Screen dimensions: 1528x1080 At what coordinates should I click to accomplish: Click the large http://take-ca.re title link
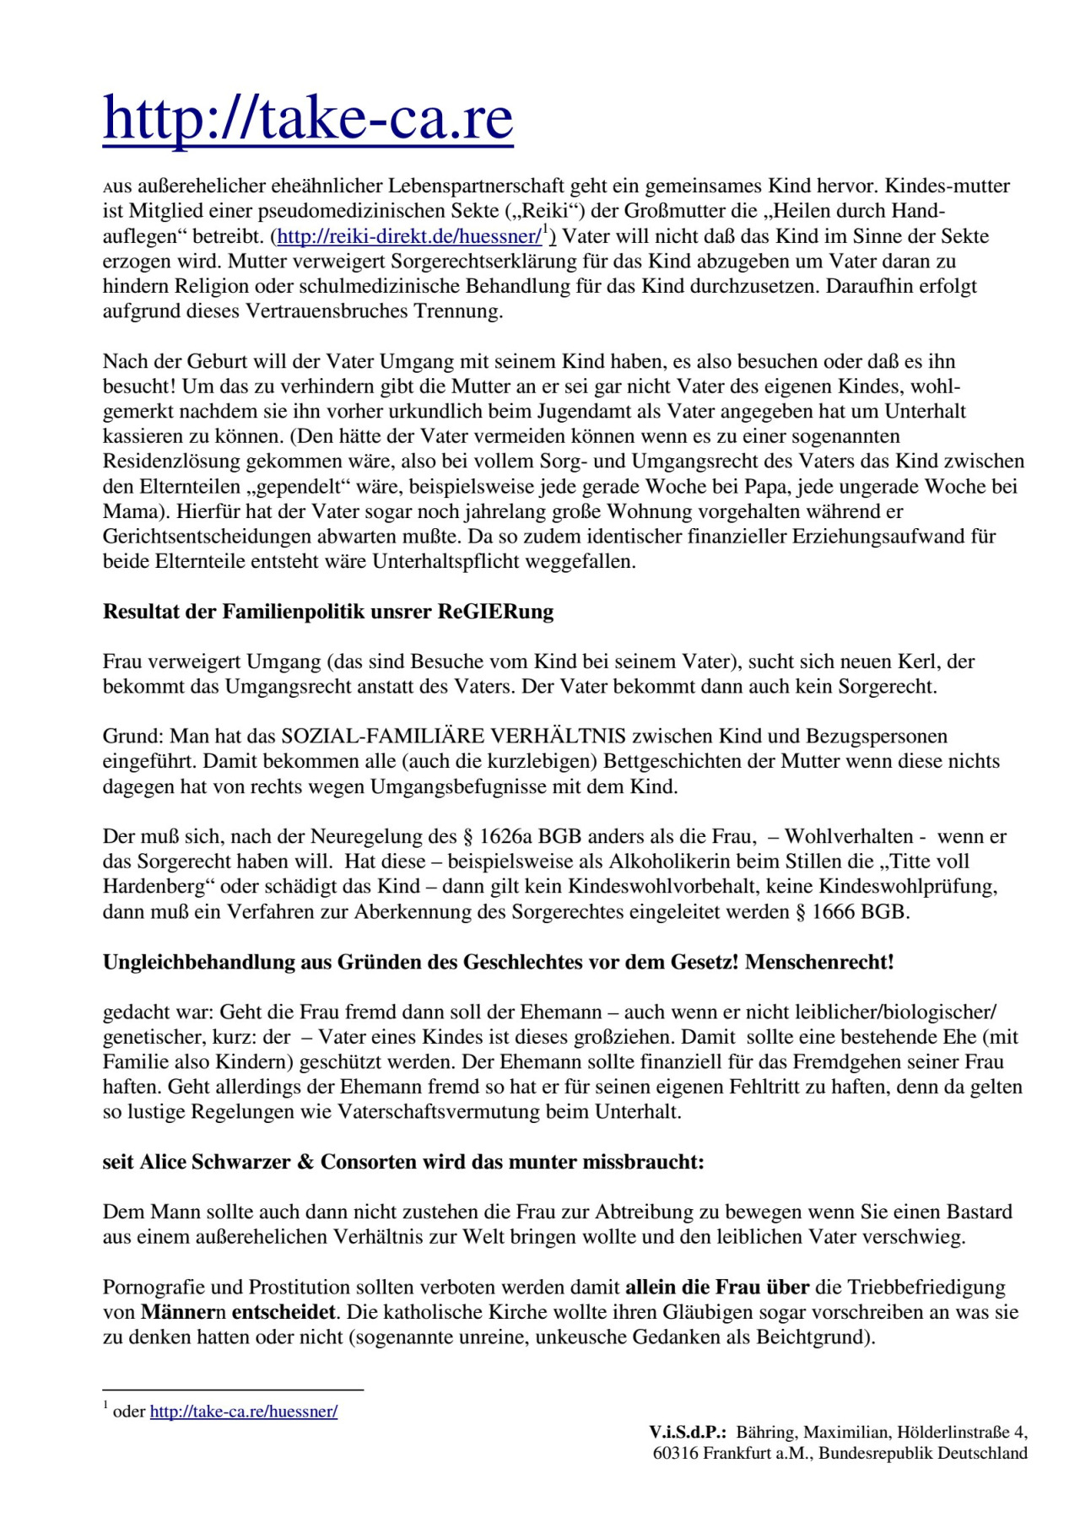tap(308, 119)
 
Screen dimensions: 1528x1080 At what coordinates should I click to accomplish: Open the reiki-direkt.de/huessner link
tap(409, 236)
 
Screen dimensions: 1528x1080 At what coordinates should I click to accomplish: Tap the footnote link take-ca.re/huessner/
tap(244, 1412)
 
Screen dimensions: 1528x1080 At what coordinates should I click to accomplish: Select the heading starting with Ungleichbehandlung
tap(498, 962)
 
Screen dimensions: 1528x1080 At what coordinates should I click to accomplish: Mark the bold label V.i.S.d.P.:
tap(688, 1432)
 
